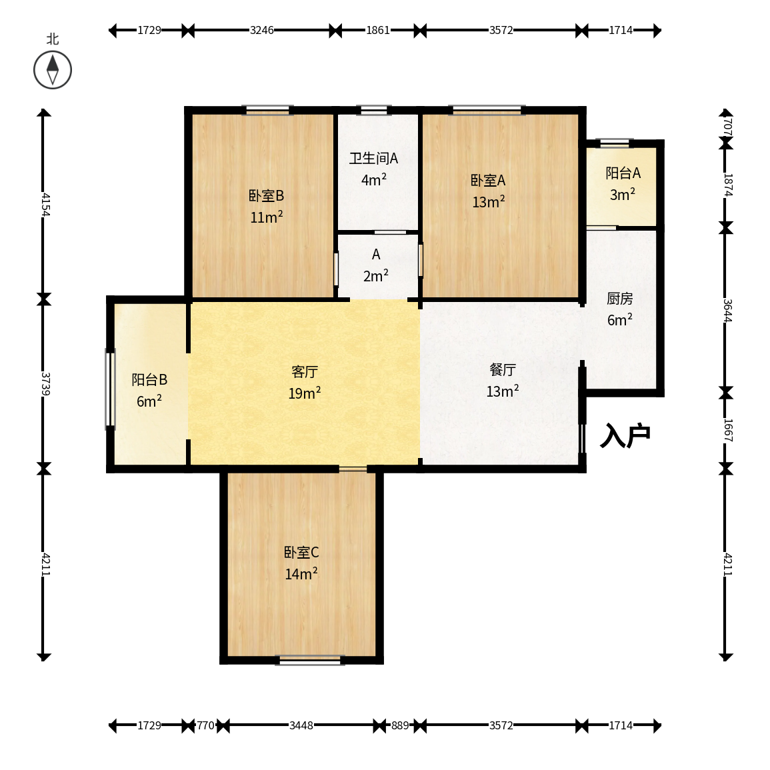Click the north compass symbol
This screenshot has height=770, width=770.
(x=53, y=70)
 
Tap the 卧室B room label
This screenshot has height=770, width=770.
(x=266, y=196)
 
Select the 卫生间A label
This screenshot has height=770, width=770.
(x=374, y=158)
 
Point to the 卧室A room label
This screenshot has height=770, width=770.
(x=488, y=181)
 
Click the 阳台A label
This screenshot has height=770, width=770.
(x=623, y=173)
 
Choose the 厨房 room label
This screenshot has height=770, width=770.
(x=620, y=299)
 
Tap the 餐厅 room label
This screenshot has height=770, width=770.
(x=503, y=370)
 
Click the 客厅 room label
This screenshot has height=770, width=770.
(x=305, y=372)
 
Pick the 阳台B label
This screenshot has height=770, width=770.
(x=149, y=379)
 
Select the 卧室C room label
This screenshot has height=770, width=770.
(x=301, y=553)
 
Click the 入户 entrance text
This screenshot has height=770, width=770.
(x=625, y=435)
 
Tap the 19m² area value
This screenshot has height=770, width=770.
(x=305, y=393)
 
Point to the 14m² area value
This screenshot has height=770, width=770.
(x=301, y=573)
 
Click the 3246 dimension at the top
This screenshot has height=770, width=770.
(x=262, y=31)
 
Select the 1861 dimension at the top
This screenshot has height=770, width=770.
(x=377, y=31)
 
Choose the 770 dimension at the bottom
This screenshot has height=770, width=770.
(x=206, y=725)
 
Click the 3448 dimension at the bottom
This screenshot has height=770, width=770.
(x=301, y=725)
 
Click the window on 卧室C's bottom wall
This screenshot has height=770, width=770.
(x=310, y=660)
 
